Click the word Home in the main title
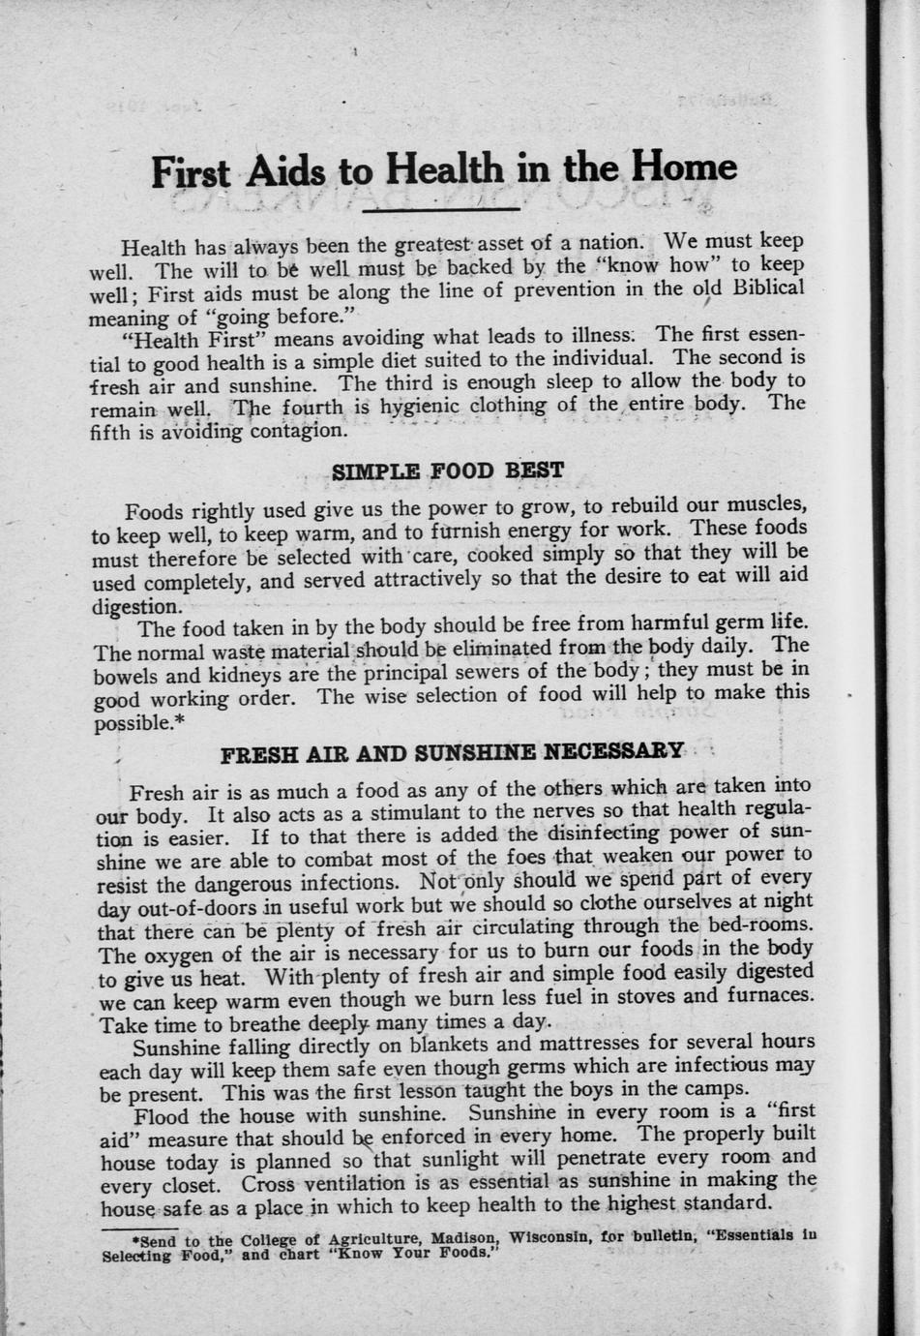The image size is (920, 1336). click(683, 168)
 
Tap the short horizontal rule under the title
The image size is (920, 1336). click(446, 209)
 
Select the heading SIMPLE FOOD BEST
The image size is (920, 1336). click(447, 471)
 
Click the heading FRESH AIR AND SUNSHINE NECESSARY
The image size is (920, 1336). click(452, 753)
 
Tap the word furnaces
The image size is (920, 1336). click(763, 995)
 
